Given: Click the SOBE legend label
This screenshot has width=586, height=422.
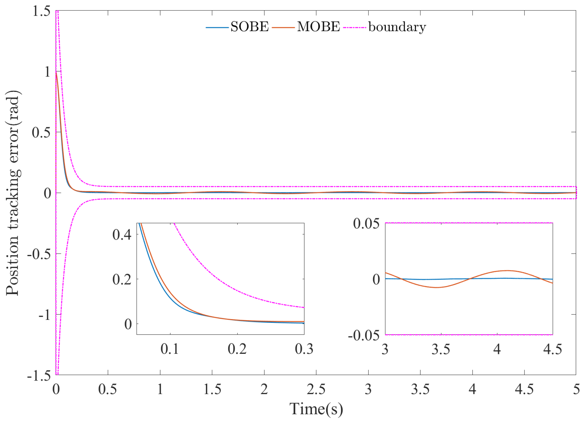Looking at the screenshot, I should click(249, 27).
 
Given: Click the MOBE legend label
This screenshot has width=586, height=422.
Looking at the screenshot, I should click(318, 27).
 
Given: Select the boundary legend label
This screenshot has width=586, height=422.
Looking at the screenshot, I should click(397, 27).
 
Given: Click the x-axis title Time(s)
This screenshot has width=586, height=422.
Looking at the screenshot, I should click(316, 409).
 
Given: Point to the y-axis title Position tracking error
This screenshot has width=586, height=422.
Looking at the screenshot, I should click(13, 193).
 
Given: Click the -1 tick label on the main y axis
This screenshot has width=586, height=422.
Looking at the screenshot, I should click(45, 315).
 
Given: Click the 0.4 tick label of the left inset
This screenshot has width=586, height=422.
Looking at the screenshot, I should click(122, 235).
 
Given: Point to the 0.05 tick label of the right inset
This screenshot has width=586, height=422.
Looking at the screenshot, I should click(366, 224).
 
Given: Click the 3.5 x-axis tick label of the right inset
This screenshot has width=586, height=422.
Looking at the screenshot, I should click(441, 349).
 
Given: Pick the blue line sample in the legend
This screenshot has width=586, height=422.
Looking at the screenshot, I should click(217, 28).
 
